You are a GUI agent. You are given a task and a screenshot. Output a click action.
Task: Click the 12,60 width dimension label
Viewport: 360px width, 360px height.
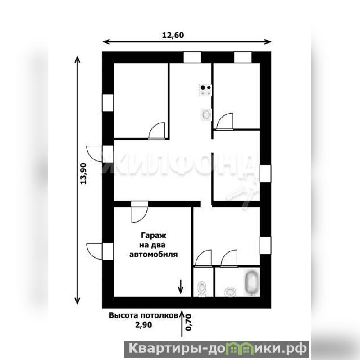173,35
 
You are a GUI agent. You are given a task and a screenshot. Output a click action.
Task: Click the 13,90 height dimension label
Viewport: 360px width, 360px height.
83,173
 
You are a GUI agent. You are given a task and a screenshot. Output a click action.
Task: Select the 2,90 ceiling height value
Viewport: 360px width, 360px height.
143,325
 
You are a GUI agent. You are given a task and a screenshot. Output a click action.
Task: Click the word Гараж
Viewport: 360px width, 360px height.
153,236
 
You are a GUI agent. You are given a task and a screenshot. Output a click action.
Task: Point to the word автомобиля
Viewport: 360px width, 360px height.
153,255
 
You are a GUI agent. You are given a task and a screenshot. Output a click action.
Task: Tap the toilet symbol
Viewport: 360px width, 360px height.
202,289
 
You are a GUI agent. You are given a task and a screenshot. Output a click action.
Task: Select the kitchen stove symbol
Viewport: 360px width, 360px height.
205,90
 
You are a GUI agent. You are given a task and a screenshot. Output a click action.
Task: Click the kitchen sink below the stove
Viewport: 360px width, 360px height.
206,114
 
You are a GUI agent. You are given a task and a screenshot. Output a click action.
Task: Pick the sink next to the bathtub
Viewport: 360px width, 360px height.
230,292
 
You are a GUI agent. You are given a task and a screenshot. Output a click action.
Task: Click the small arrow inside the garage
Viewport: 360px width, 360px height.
181,287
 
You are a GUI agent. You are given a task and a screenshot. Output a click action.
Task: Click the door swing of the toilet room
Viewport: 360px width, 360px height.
203,258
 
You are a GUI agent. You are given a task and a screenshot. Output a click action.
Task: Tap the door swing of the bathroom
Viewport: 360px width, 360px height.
229,258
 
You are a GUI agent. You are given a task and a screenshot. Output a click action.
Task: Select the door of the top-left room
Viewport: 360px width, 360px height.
157,131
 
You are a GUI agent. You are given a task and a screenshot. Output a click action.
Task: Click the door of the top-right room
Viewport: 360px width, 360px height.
225,122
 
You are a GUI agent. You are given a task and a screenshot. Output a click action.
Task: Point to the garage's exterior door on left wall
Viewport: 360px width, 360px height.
94,251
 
